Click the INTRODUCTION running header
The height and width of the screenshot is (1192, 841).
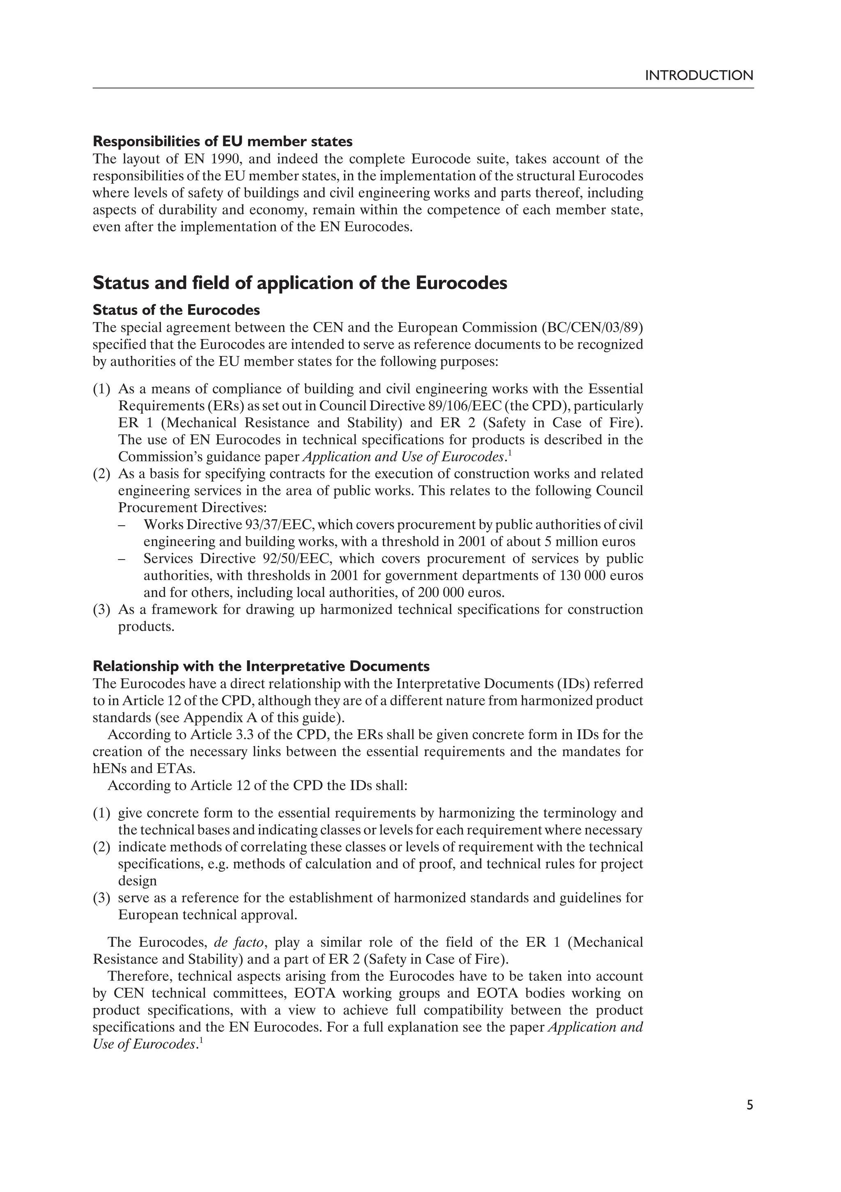point(699,76)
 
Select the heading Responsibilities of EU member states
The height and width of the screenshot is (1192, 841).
point(223,141)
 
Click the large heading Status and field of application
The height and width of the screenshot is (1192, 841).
point(299,284)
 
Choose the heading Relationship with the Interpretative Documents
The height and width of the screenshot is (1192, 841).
point(261,666)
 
